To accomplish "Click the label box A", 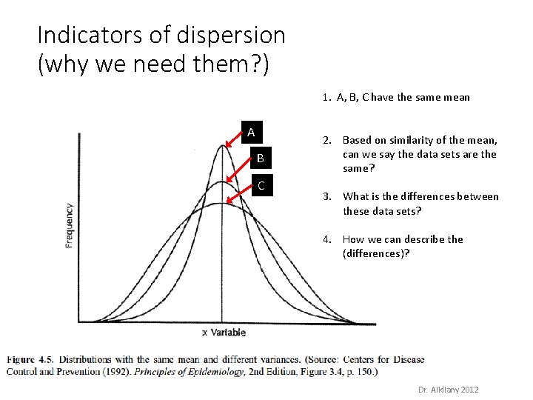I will click(x=251, y=133).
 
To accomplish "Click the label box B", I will click(x=261, y=158).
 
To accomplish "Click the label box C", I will click(x=261, y=185).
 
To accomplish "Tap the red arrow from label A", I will click(x=235, y=140).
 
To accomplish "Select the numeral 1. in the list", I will click(x=326, y=97).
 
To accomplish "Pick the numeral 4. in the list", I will click(x=326, y=239).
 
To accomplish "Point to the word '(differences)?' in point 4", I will click(x=376, y=253).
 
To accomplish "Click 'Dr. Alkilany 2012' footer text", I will click(x=448, y=390).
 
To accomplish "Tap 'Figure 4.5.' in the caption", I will click(x=30, y=360).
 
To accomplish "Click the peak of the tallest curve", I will click(x=223, y=144).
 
